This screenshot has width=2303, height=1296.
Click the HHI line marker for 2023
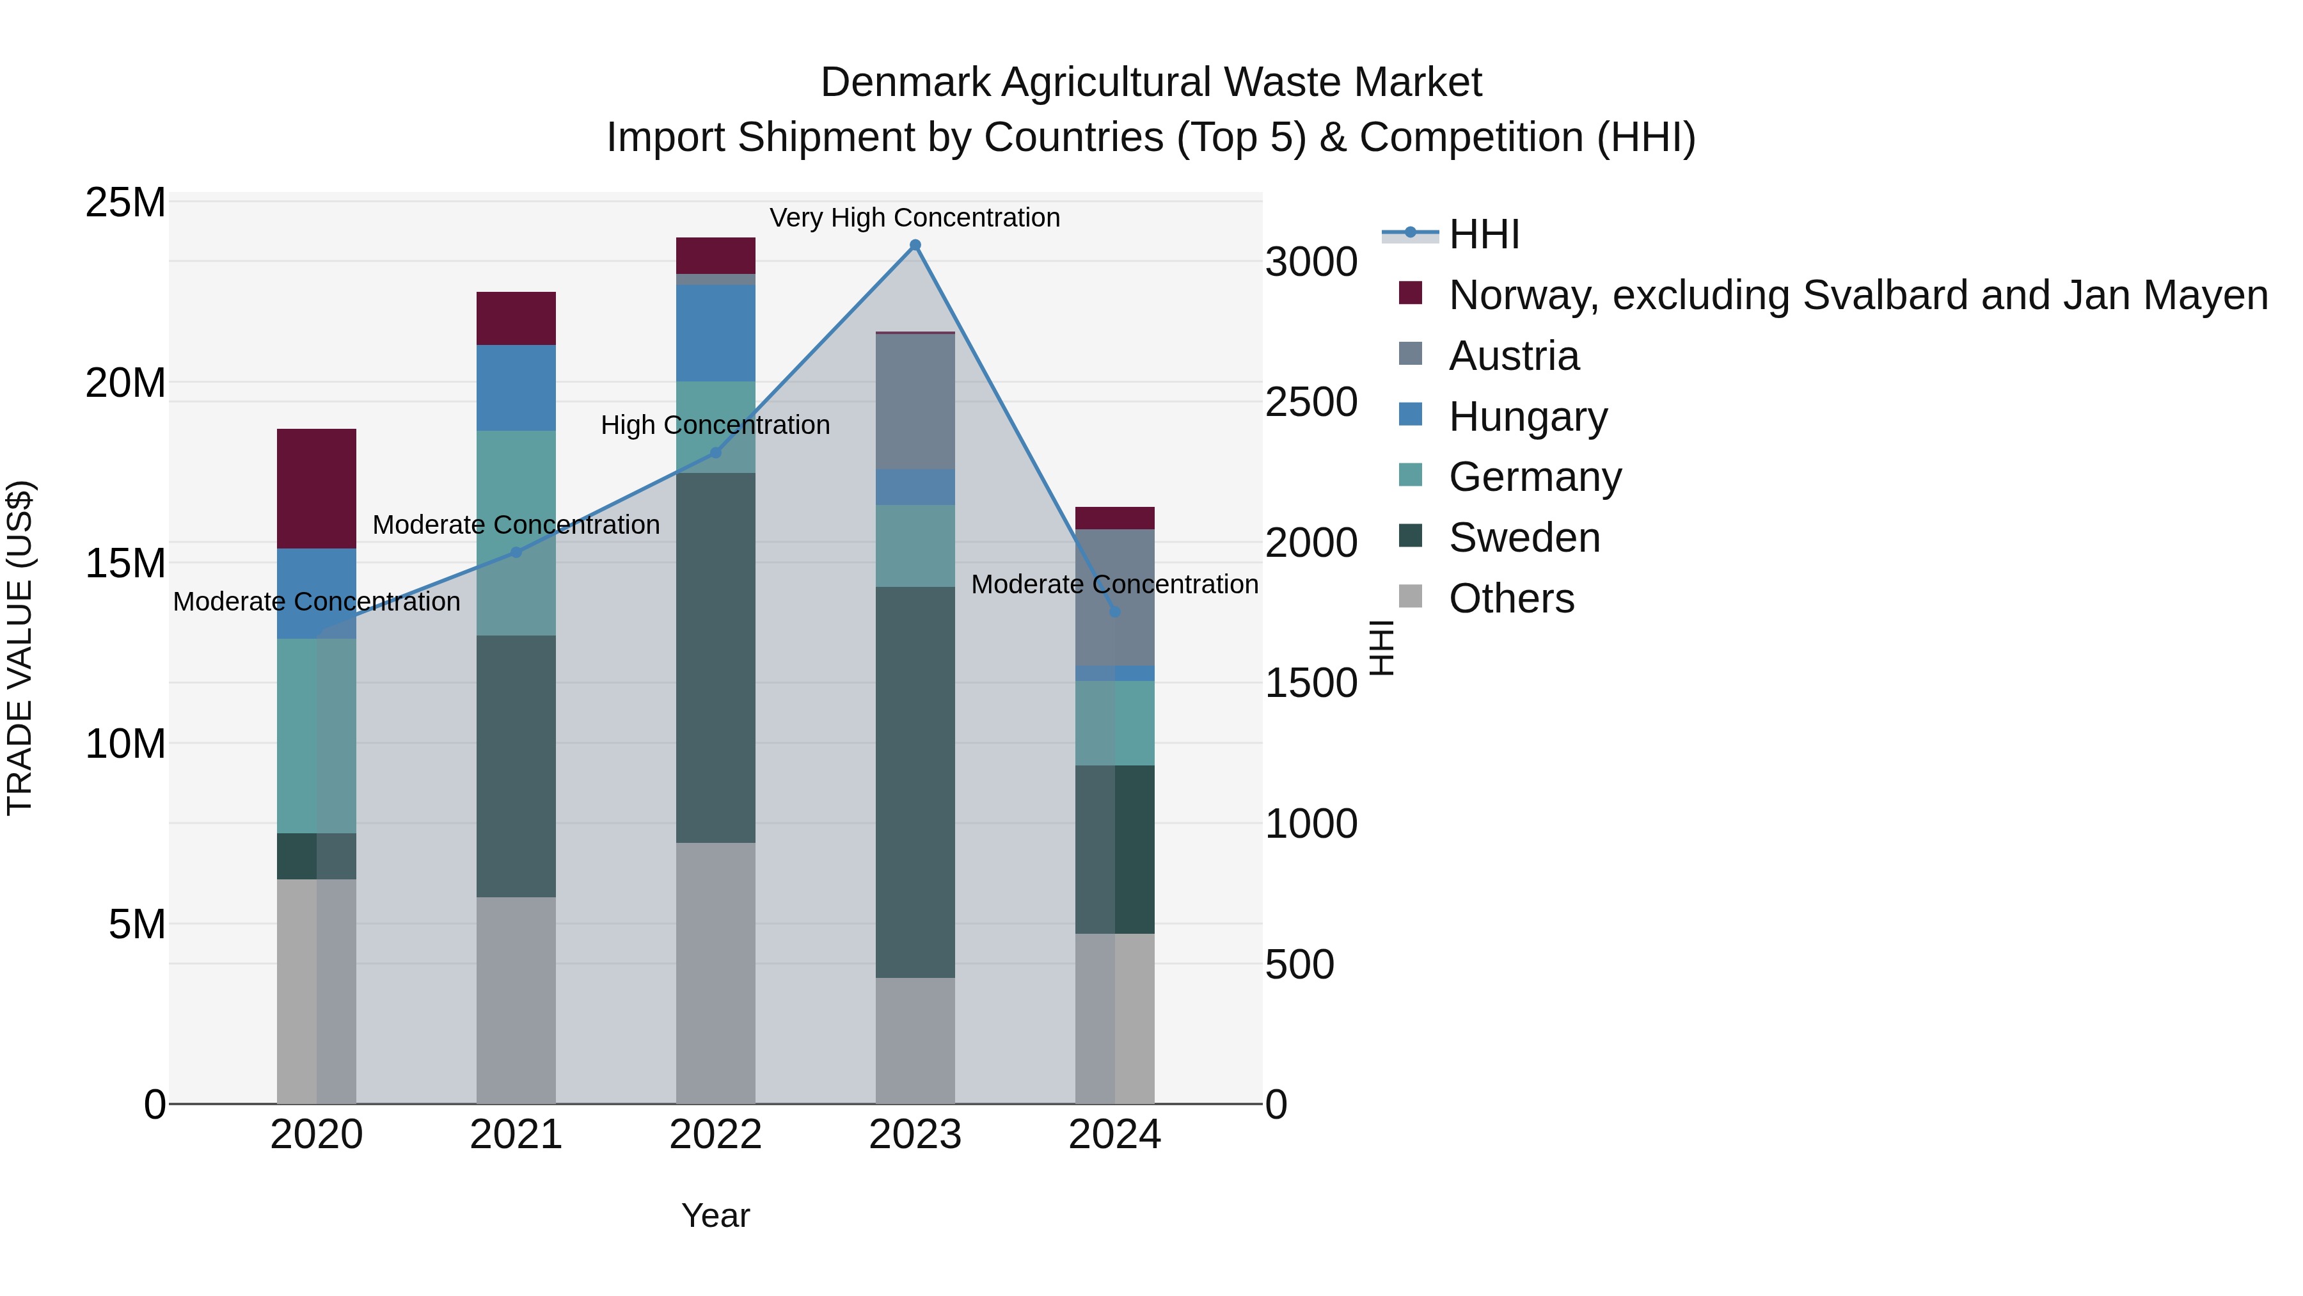pos(915,245)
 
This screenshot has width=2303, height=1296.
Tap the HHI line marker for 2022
pos(715,452)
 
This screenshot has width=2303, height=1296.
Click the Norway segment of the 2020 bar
pos(317,488)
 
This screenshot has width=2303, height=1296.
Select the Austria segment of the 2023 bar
pos(915,401)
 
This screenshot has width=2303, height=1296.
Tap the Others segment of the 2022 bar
pos(715,972)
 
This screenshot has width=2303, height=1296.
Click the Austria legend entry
pos(1514,356)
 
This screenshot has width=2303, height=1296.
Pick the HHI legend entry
pos(1484,234)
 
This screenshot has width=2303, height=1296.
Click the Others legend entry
pos(1511,598)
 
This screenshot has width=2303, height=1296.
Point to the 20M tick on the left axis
pos(125,383)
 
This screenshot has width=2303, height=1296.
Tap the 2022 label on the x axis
pos(715,1135)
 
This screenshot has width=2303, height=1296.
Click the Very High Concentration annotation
pos(915,218)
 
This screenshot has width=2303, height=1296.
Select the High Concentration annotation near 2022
pos(715,425)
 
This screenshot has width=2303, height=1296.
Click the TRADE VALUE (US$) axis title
pos(20,648)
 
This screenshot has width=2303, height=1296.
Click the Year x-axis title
pos(715,1215)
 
